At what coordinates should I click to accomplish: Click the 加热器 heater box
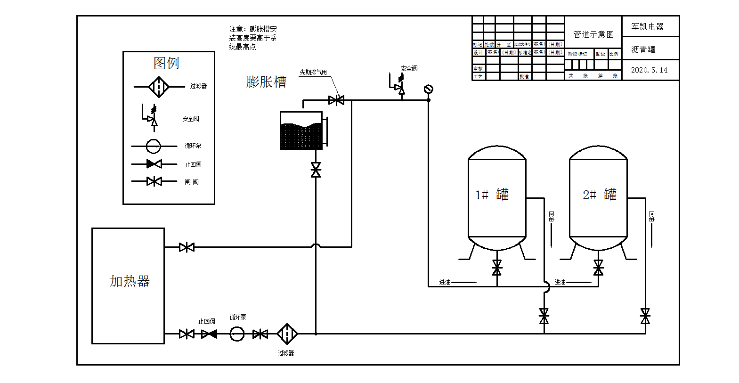[128, 286]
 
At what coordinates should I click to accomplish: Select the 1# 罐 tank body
[496, 198]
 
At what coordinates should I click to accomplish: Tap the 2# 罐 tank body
[598, 198]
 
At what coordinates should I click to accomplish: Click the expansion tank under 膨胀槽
[301, 131]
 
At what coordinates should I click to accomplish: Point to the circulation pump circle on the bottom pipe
[237, 334]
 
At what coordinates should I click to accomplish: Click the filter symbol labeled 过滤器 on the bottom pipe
[286, 334]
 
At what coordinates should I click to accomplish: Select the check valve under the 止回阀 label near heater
[209, 334]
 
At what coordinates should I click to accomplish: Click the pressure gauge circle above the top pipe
[428, 89]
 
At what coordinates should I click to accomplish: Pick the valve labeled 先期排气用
[336, 100]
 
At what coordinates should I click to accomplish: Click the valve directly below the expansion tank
[316, 170]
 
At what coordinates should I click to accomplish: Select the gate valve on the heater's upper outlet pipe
[187, 247]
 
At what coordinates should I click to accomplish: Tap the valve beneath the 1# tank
[497, 268]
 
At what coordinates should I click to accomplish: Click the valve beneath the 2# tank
[598, 268]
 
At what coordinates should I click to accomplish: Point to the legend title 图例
[166, 63]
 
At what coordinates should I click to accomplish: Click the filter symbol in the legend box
[159, 87]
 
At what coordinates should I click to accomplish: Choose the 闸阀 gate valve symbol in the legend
[154, 181]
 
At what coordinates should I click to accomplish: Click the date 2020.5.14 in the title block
[649, 70]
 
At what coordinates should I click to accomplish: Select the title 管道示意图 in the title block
[593, 34]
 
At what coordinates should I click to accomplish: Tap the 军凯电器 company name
[648, 27]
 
